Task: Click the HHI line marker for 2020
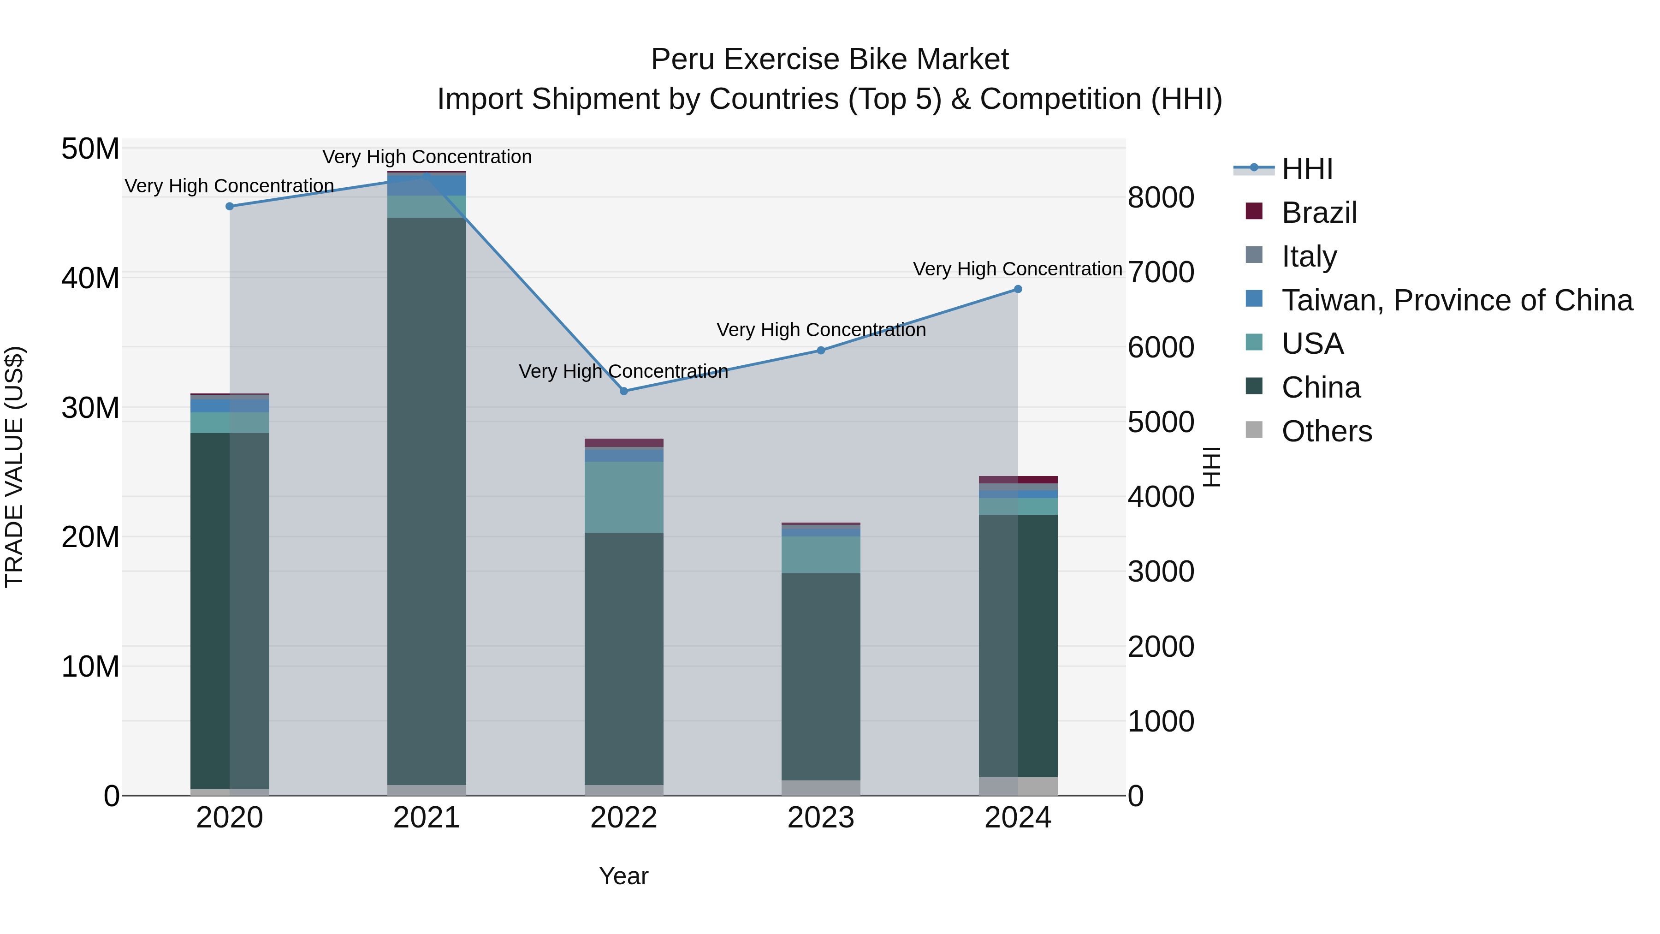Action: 230,206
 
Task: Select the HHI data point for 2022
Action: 624,391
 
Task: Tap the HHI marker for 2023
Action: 821,351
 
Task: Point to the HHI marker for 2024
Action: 1018,289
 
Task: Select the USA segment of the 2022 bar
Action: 624,497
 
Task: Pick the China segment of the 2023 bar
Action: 821,677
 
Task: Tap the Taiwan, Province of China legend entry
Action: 1456,300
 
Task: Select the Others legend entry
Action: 1326,431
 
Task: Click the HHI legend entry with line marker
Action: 1306,169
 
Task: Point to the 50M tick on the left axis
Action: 90,149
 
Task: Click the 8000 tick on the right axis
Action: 1161,197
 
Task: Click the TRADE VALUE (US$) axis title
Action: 14,467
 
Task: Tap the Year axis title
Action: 624,876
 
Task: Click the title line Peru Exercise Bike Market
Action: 830,59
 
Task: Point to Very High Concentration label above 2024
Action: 1018,269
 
